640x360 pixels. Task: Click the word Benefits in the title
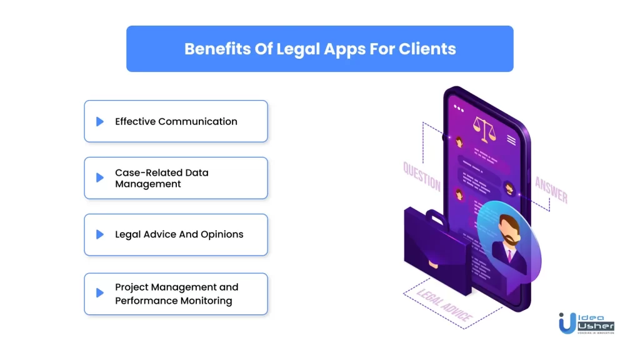[x=217, y=49]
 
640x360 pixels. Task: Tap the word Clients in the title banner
[x=427, y=49]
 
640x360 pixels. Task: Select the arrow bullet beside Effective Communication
[x=100, y=122]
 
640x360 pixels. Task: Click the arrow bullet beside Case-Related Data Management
[x=100, y=177]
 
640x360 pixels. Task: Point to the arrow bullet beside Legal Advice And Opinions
[x=100, y=234]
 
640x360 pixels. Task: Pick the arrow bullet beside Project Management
[x=100, y=292]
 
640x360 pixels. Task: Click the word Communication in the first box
[x=197, y=122]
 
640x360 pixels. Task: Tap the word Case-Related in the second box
[x=148, y=172]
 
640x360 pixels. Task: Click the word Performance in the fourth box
[x=146, y=301]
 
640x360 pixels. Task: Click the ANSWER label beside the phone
[x=551, y=190]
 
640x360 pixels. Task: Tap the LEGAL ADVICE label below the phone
[x=444, y=304]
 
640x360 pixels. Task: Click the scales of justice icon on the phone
[x=484, y=129]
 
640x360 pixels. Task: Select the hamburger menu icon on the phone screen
[x=511, y=140]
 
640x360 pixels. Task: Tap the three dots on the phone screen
[x=459, y=109]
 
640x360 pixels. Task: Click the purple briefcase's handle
[x=437, y=218]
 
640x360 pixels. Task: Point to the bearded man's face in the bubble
[x=509, y=231]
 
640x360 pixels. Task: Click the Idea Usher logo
[x=586, y=323]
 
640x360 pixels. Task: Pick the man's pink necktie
[x=510, y=256]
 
